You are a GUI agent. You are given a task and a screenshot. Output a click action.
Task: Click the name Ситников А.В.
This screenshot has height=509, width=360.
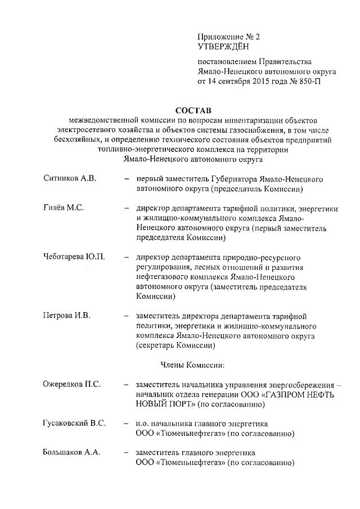[70, 178]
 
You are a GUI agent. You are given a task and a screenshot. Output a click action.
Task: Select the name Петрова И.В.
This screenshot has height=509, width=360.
[66, 315]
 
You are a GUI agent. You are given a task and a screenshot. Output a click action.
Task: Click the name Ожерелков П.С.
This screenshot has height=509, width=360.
[72, 384]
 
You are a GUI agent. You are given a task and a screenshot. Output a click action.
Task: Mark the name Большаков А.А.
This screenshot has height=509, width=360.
[72, 453]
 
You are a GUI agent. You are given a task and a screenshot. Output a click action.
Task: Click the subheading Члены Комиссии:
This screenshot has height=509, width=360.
[192, 364]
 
